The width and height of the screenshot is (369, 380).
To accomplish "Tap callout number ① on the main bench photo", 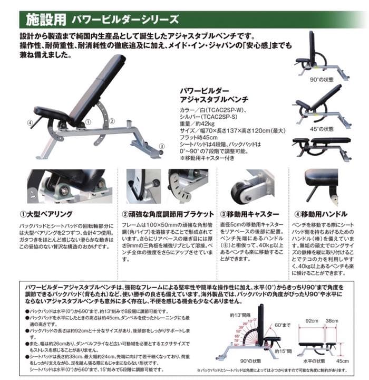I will [88, 121].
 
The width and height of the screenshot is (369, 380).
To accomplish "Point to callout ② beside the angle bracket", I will [112, 121].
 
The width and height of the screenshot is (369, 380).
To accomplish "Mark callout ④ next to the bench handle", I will [30, 123].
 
